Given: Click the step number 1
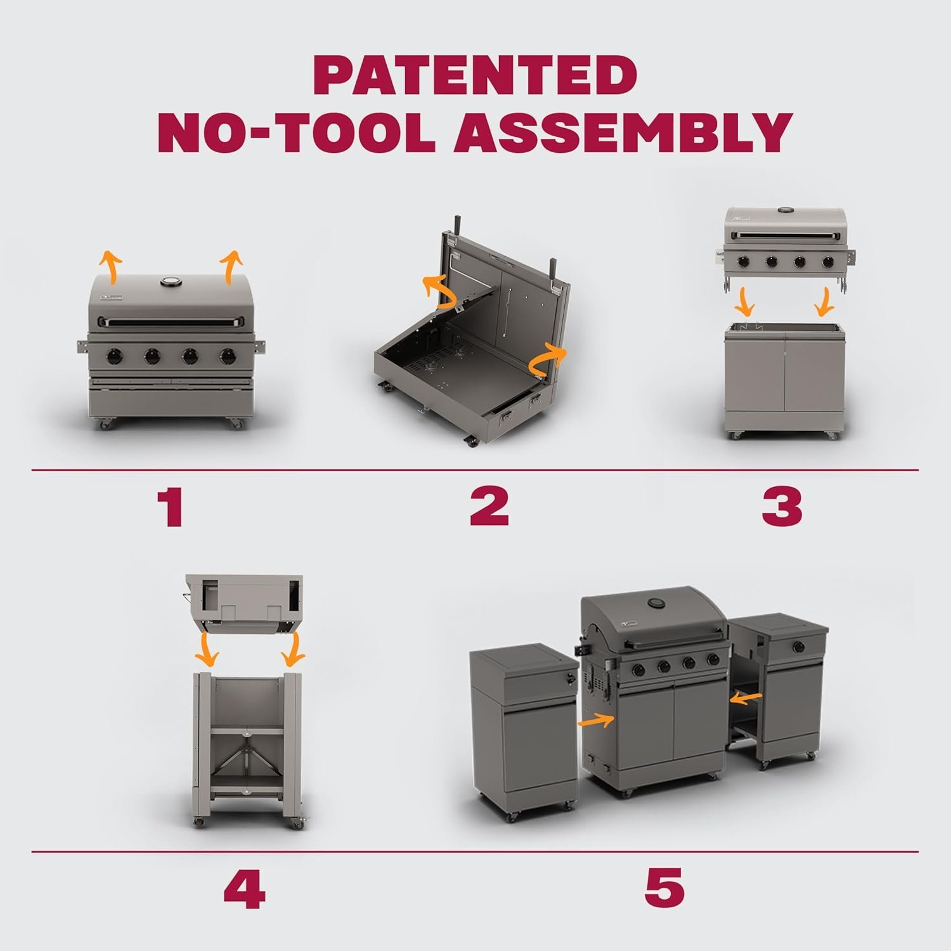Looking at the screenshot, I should pyautogui.click(x=171, y=507).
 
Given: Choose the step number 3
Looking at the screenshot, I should pyautogui.click(x=782, y=506).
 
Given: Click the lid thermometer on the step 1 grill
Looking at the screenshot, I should pyautogui.click(x=171, y=283).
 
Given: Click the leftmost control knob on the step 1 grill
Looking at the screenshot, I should pyautogui.click(x=115, y=357).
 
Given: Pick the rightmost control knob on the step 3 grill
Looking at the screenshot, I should pyautogui.click(x=827, y=261).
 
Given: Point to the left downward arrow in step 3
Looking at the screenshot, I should pyautogui.click(x=746, y=302).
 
